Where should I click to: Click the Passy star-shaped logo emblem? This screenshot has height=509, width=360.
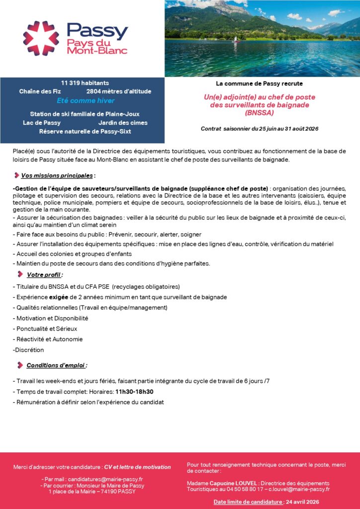(x=41, y=38)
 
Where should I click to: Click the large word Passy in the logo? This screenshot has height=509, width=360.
(x=97, y=31)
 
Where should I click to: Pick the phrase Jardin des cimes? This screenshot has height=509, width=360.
(x=122, y=122)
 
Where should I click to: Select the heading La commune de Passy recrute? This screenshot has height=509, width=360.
(x=259, y=84)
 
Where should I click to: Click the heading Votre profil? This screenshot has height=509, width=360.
(x=44, y=274)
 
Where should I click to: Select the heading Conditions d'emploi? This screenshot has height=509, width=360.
(x=56, y=365)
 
